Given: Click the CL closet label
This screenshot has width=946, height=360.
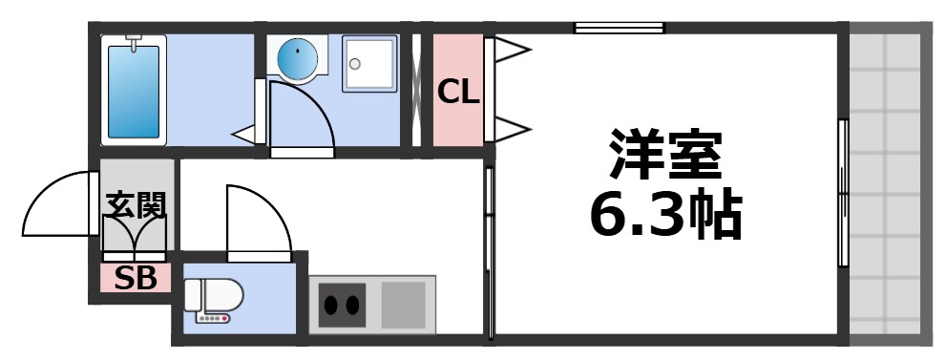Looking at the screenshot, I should (x=458, y=93).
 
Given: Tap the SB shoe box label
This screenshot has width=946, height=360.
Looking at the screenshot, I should (x=137, y=279).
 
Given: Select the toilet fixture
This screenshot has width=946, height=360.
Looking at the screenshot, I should (x=213, y=298).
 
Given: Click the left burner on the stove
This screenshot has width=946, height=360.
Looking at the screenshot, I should (x=332, y=306).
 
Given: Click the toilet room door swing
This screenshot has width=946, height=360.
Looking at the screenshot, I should (x=256, y=222).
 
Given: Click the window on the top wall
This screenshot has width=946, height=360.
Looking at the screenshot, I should (x=619, y=28).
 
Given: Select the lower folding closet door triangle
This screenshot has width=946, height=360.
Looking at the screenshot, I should (x=509, y=126).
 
